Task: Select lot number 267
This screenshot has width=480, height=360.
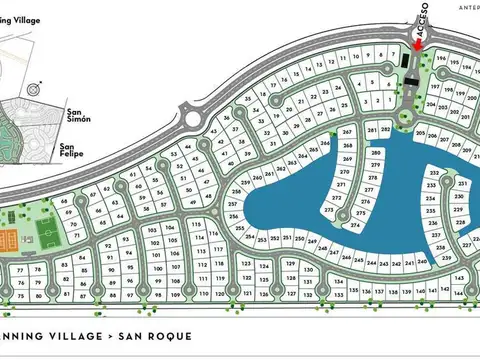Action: tap(347, 133)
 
